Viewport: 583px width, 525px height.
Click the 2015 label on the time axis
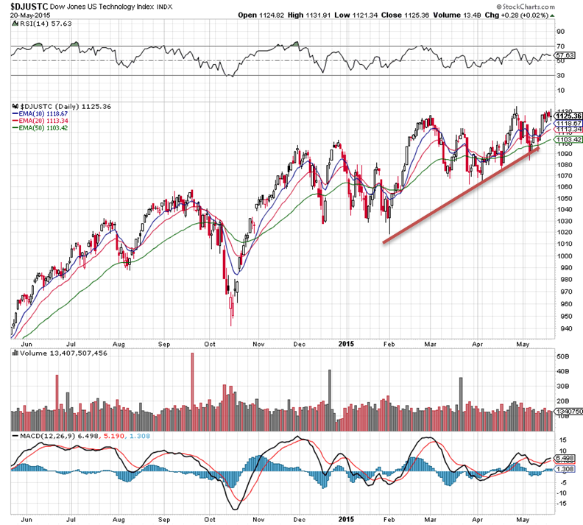[x=347, y=343]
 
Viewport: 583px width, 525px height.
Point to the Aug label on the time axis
[x=119, y=343]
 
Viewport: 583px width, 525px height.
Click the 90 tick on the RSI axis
[x=559, y=32]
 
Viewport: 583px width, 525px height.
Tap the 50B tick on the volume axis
[x=562, y=356]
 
